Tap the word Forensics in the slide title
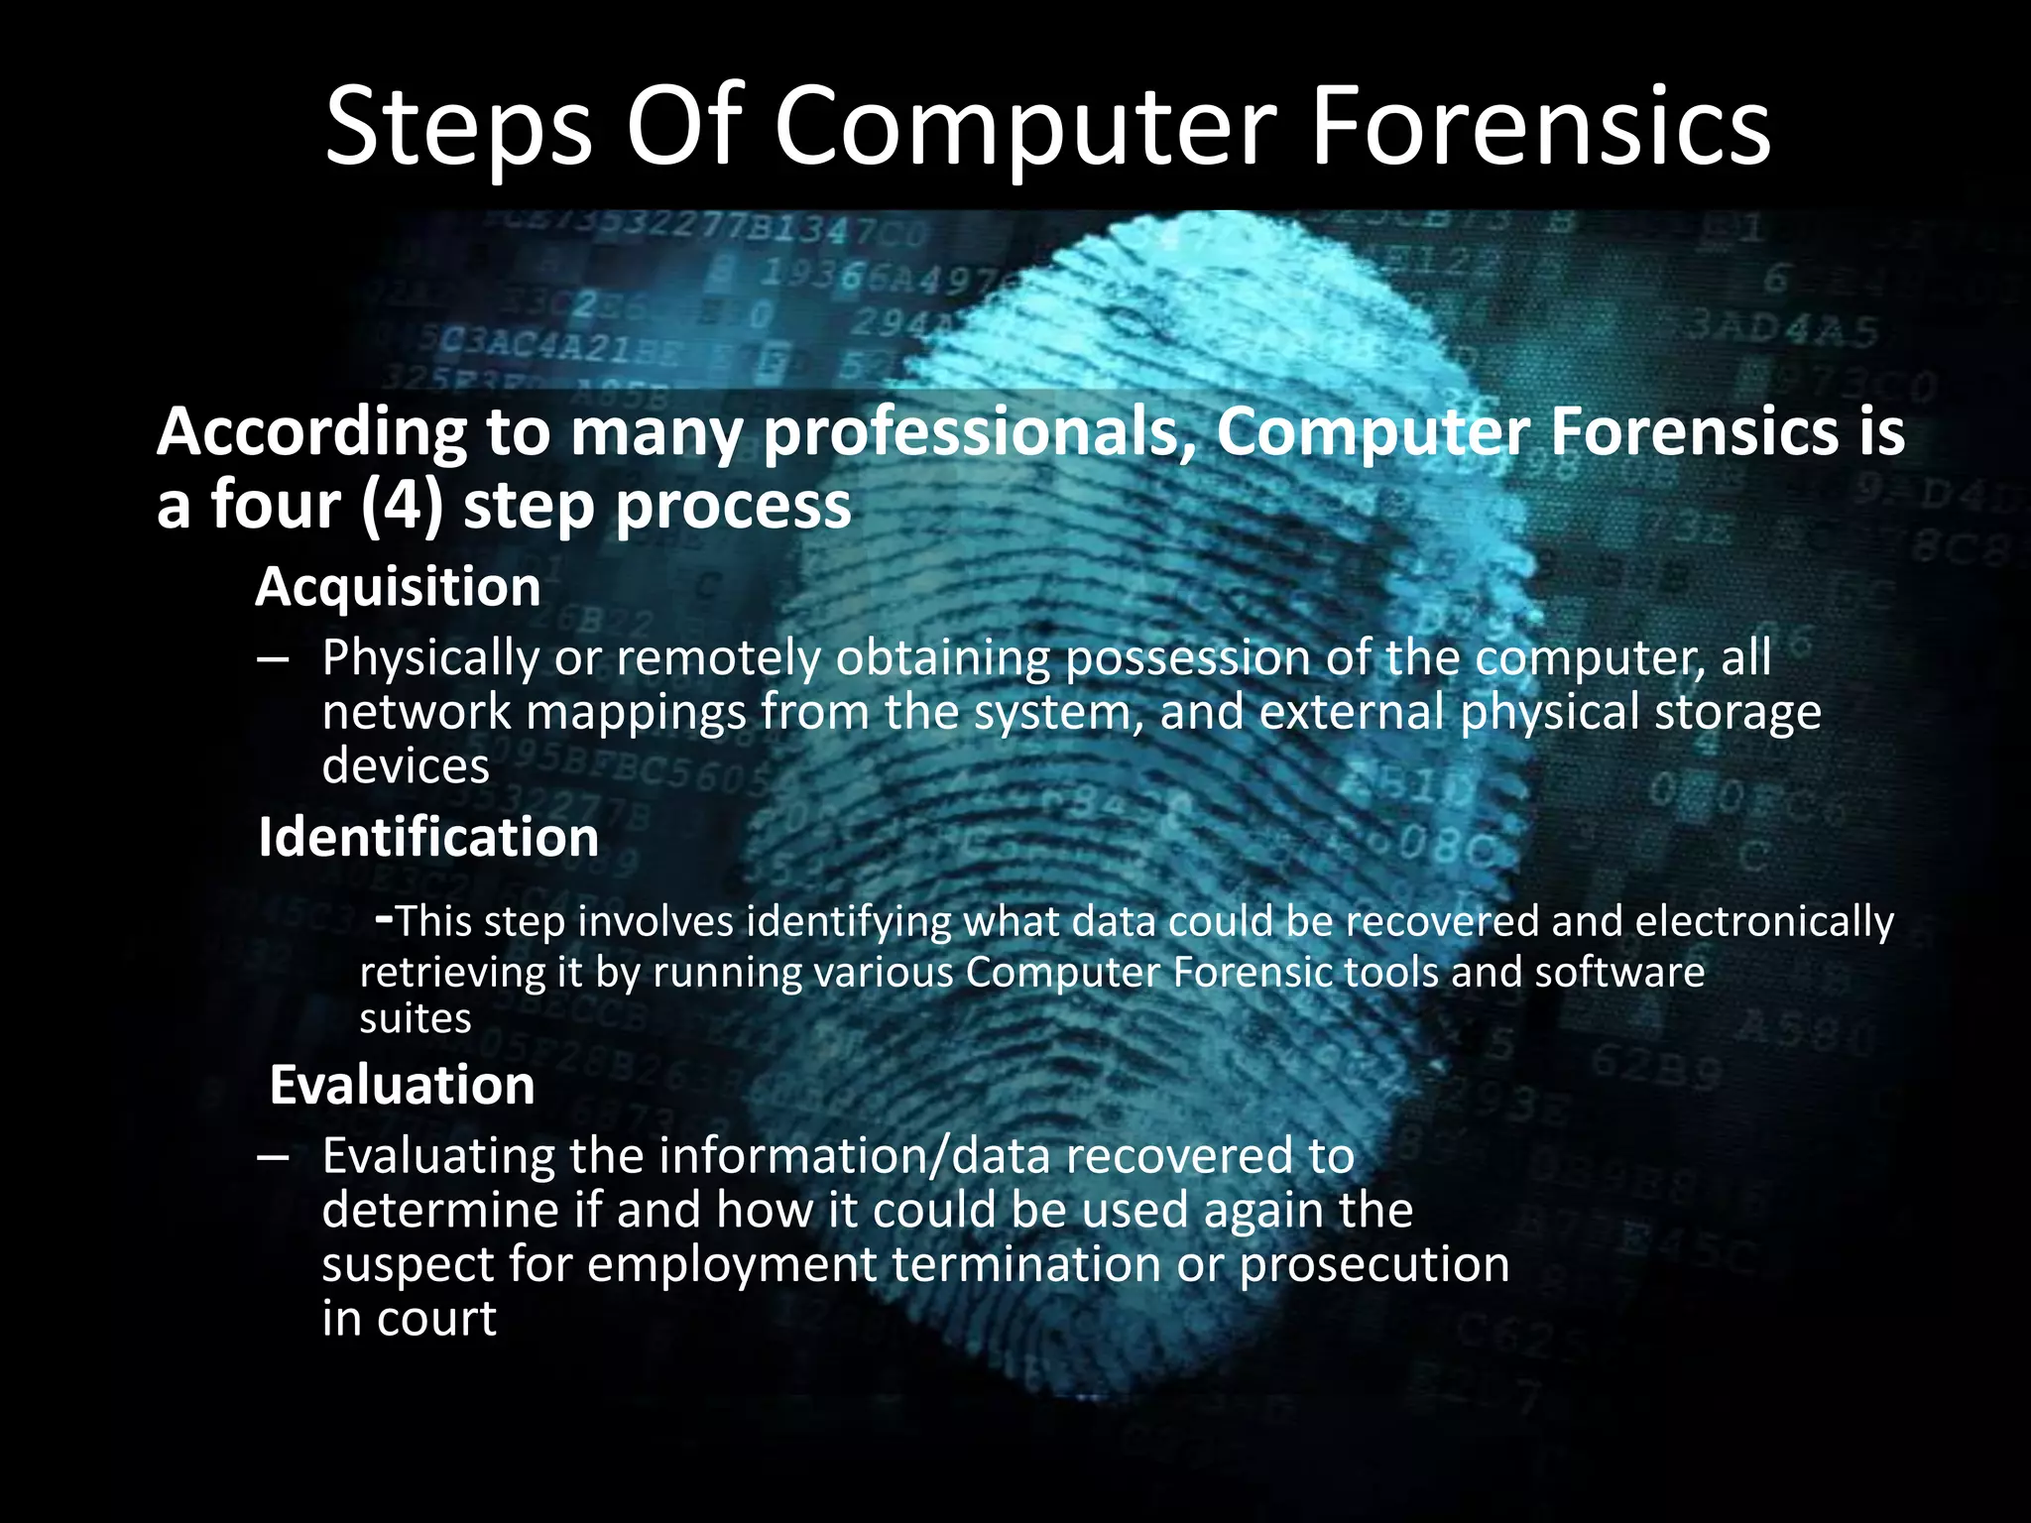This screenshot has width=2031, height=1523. tap(1540, 127)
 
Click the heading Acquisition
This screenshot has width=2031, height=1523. tap(399, 587)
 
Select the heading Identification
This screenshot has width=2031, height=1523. tap(428, 838)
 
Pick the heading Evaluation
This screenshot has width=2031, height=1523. tap(402, 1085)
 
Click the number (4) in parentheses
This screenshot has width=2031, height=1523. tap(402, 506)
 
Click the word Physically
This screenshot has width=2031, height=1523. tap(429, 658)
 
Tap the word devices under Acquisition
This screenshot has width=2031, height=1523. tap(406, 766)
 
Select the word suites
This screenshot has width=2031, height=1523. tap(415, 1019)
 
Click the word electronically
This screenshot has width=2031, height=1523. tap(1764, 922)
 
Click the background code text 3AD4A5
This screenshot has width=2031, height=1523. tap(1782, 328)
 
